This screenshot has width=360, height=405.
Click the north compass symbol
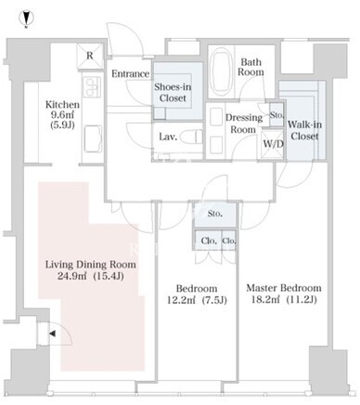pyautogui.click(x=27, y=19)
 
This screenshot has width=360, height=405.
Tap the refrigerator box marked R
pyautogui.click(x=90, y=56)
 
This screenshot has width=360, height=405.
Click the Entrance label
pyautogui.click(x=130, y=73)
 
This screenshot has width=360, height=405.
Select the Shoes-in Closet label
pyautogui.click(x=173, y=92)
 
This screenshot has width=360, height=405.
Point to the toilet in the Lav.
pyautogui.click(x=191, y=137)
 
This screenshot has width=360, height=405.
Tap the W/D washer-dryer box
pyautogui.click(x=273, y=144)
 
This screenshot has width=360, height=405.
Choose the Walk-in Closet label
pyautogui.click(x=304, y=130)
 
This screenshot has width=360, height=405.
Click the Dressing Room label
pyautogui.click(x=244, y=124)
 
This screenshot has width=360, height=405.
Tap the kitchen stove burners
pyautogui.click(x=92, y=87)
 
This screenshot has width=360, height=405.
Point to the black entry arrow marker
pyautogui.click(x=52, y=333)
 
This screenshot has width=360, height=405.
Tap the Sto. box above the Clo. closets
pyautogui.click(x=215, y=214)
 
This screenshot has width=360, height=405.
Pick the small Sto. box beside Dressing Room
pyautogui.click(x=276, y=115)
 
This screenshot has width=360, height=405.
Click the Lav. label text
pyautogui.click(x=168, y=137)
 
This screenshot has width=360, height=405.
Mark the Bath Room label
pyautogui.click(x=251, y=67)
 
